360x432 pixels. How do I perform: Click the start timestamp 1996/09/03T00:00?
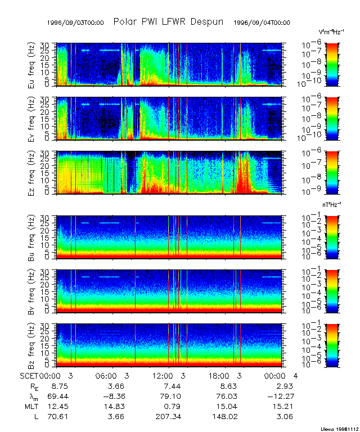coord(75,22)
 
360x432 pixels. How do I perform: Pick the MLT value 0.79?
coord(171,408)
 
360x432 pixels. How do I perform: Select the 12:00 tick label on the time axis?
coord(163,375)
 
